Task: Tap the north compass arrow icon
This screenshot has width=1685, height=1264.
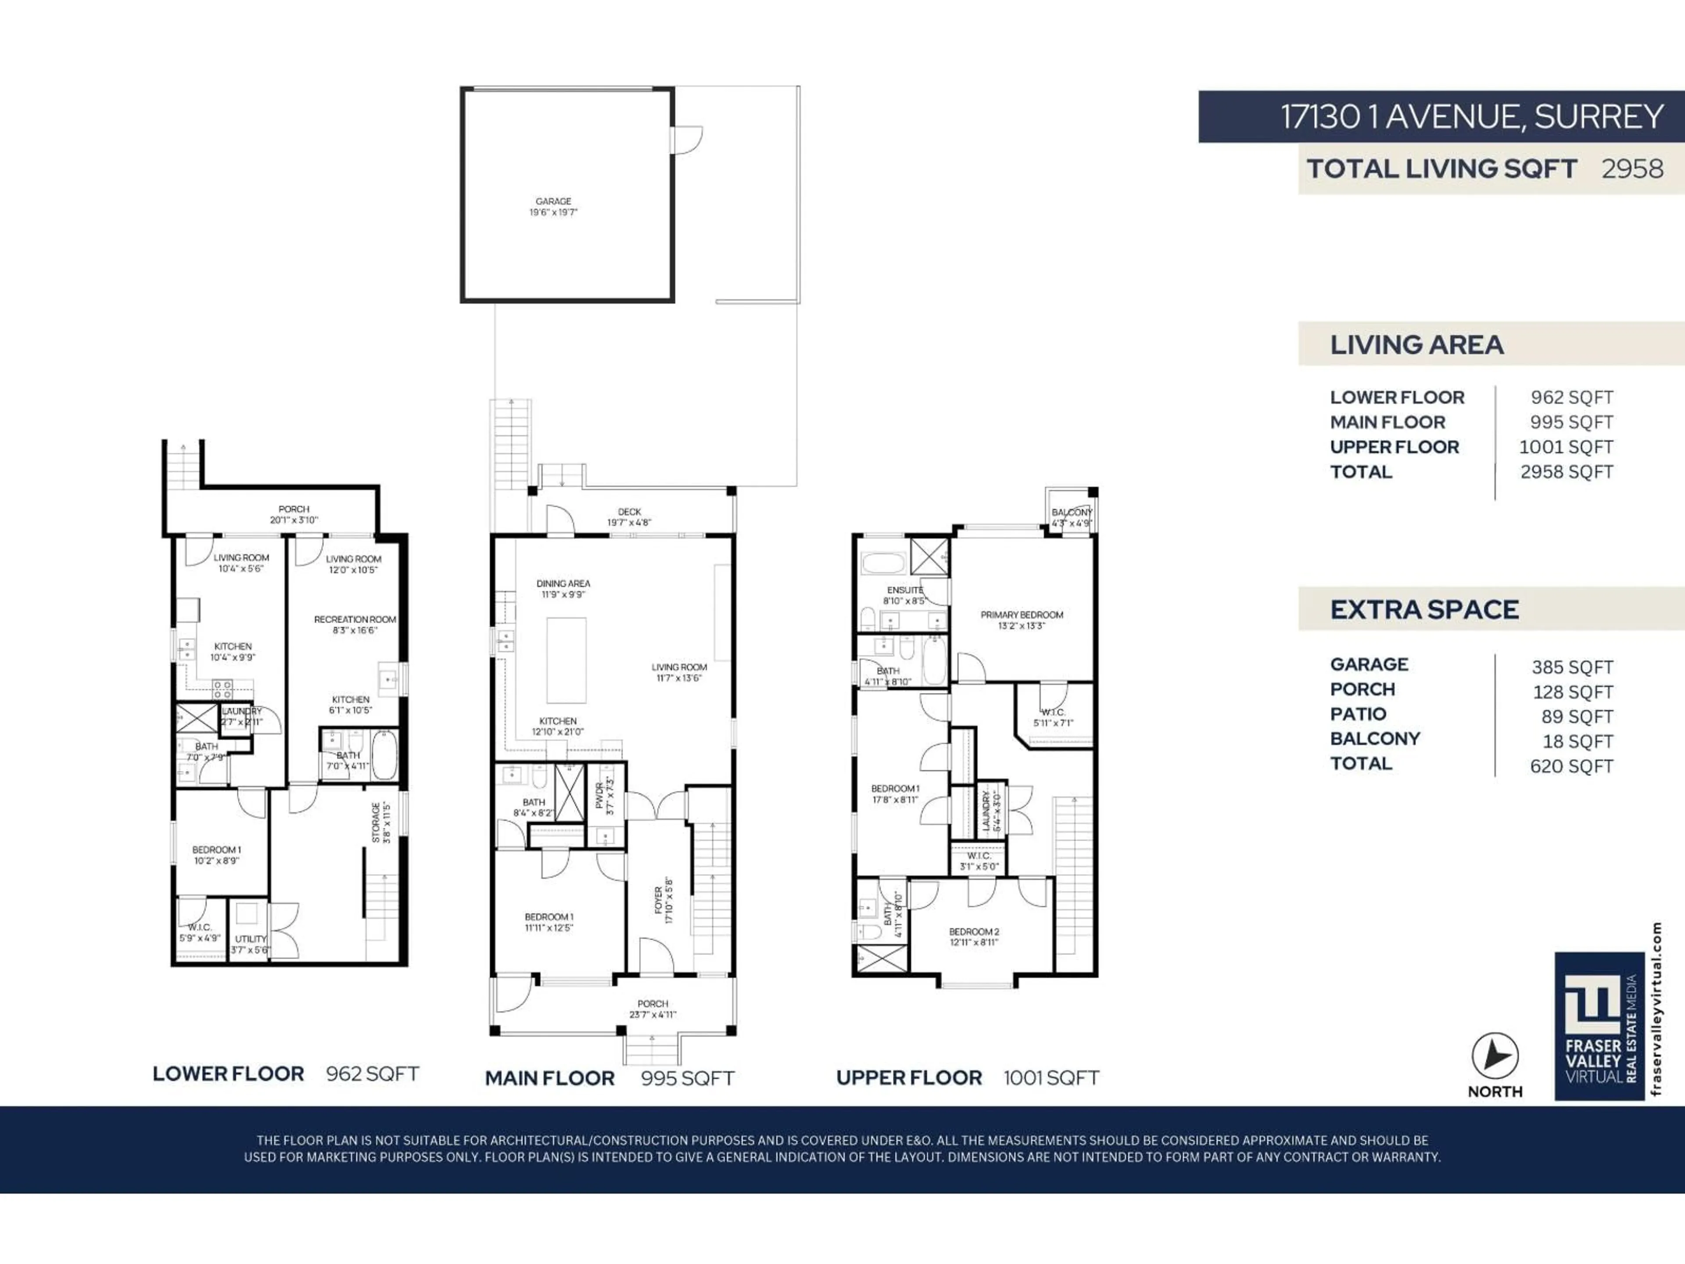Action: pos(1495,1056)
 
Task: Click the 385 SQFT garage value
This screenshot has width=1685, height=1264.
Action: pos(1571,668)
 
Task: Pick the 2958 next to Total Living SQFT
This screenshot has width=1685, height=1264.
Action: pos(1631,169)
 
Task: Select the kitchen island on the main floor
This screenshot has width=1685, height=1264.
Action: pos(566,660)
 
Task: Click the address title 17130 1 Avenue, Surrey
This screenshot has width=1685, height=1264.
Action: pos(1471,117)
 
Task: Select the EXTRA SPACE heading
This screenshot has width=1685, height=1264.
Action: pos(1424,610)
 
